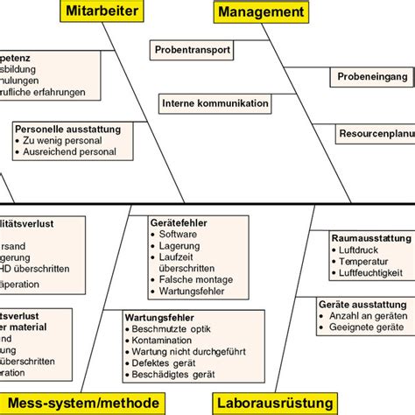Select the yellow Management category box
pos(262,11)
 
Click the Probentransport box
pos(193,50)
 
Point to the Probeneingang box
pos(372,77)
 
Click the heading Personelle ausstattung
pos(71,128)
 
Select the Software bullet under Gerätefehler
pos(179,235)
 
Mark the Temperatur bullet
pos(364,261)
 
